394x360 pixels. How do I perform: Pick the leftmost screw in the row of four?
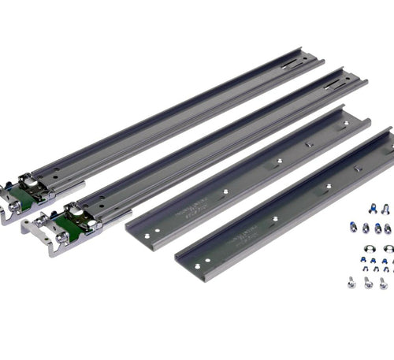pos(355,228)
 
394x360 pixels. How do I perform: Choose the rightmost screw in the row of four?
pos(387,228)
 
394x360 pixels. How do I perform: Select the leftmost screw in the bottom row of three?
pos(350,280)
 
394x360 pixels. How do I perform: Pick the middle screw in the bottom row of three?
pos(367,281)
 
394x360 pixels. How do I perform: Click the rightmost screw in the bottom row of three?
pos(383,282)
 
